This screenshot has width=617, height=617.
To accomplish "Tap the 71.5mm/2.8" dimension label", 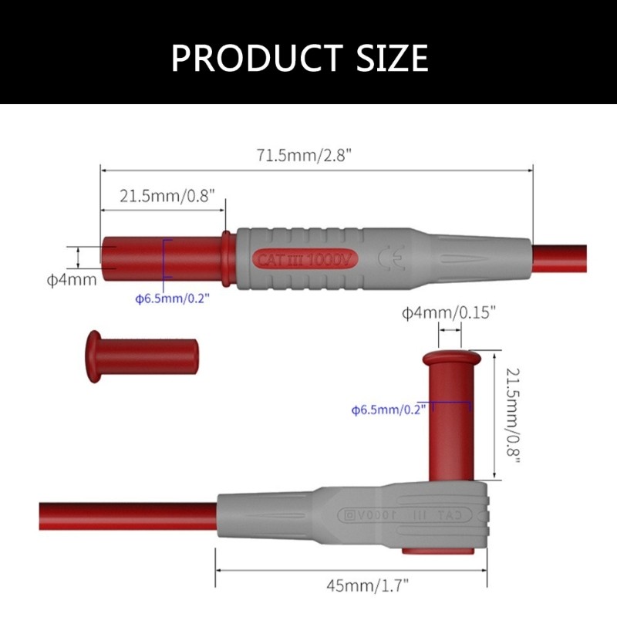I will [304, 154].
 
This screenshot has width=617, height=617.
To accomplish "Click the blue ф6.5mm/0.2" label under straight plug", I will [172, 298].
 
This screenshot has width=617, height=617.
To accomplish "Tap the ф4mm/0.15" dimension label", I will [448, 312].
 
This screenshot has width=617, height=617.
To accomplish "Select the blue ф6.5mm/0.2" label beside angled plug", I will [389, 410].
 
